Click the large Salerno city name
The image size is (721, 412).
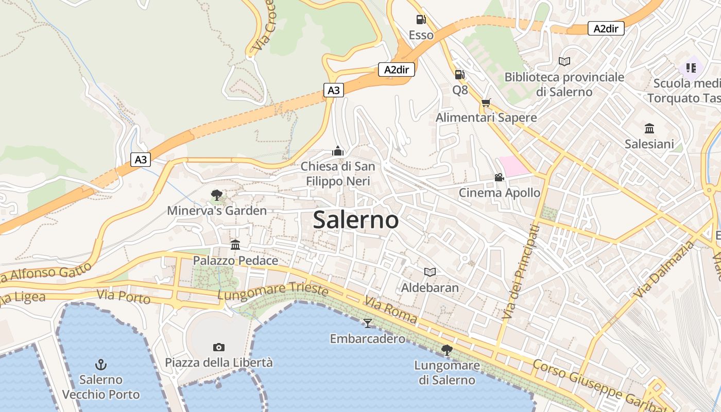coord(356,220)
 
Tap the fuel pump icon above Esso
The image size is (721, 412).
coord(421,20)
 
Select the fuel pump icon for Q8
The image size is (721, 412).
coord(459,75)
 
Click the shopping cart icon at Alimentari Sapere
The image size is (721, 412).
coord(486,102)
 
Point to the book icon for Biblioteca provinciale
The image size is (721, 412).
coord(564,61)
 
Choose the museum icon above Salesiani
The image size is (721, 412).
coord(649,128)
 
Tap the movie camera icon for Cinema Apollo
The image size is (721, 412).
coord(499,178)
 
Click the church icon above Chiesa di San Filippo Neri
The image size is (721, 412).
coord(338,151)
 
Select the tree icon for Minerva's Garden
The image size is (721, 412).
coord(217,195)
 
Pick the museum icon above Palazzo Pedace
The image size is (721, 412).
coord(235,245)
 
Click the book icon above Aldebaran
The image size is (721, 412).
coord(430,272)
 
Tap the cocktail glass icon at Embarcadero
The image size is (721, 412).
coord(367,323)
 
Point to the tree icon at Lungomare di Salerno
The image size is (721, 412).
coord(447,350)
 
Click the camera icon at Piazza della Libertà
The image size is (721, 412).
coord(218,347)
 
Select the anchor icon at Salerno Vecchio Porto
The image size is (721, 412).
coord(101,365)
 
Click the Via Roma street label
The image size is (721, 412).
coord(390,310)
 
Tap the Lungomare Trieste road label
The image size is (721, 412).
coord(273,291)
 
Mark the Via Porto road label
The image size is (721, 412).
coord(124,297)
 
